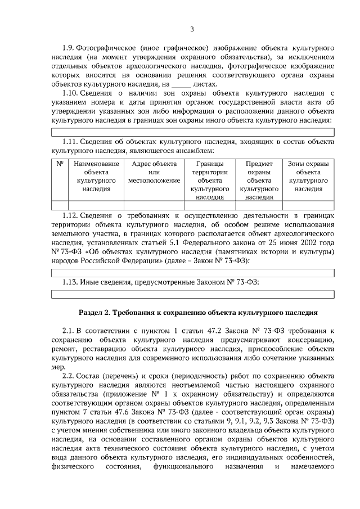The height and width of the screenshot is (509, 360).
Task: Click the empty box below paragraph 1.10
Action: click(x=193, y=132)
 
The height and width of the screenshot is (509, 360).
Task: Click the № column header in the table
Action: click(x=60, y=164)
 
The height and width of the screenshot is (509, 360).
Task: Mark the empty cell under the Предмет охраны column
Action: click(x=259, y=205)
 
